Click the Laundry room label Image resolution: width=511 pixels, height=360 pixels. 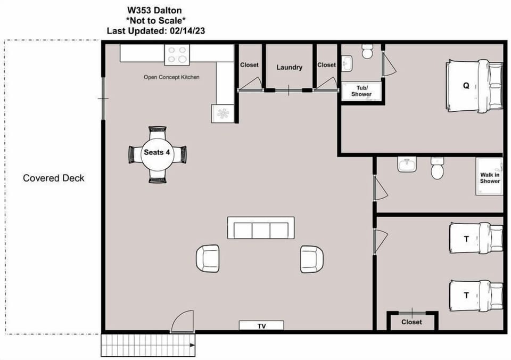289,67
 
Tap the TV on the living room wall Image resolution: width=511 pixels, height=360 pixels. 261,325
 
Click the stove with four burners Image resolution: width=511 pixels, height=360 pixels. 177,54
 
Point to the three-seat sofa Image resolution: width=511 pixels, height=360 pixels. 261,228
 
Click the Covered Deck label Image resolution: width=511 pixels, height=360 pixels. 53,178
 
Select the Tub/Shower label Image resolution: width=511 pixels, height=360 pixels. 361,91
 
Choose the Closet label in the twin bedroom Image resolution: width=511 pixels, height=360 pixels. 411,322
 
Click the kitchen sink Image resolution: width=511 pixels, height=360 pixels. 223,113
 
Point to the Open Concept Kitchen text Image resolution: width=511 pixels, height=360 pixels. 171,77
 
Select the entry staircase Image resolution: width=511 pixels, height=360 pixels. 148,345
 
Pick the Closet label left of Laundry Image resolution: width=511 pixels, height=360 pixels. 249,65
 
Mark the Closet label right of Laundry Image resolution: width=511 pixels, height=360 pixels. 326,65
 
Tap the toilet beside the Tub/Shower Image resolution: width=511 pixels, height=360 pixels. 367,51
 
